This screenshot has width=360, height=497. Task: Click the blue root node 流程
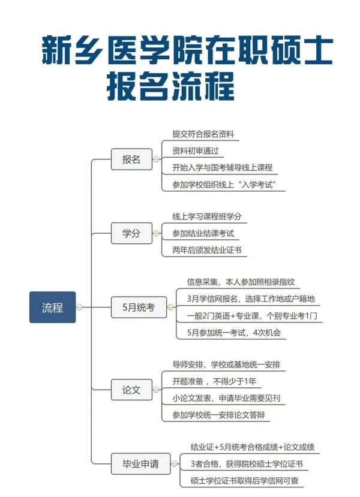pyautogui.click(x=53, y=307)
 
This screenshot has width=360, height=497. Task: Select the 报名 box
pyautogui.click(x=131, y=159)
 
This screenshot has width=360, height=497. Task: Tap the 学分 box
pyautogui.click(x=131, y=233)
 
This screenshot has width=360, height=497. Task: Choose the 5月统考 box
pyautogui.click(x=139, y=307)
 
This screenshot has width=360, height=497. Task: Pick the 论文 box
pyautogui.click(x=131, y=390)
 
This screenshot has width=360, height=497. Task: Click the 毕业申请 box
pyautogui.click(x=141, y=463)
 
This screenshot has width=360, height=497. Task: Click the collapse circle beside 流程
pyautogui.click(x=79, y=307)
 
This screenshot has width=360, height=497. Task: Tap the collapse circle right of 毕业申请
pyautogui.click(x=174, y=463)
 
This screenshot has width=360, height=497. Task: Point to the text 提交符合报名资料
pyautogui.click(x=203, y=134)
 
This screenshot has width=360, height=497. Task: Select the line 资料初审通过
pyautogui.click(x=196, y=151)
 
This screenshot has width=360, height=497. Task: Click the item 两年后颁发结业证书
pyautogui.click(x=207, y=251)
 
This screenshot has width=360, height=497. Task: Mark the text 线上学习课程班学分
pyautogui.click(x=207, y=217)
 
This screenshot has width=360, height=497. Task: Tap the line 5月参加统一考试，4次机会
pyautogui.click(x=234, y=333)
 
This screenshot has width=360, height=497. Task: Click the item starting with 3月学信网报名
pyautogui.click(x=251, y=299)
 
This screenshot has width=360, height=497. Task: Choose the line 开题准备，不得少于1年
pyautogui.click(x=214, y=381)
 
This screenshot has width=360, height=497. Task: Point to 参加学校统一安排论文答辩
pyautogui.click(x=218, y=415)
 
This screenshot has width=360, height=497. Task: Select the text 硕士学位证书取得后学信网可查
pyautogui.click(x=245, y=481)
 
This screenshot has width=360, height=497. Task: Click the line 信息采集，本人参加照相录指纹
pyautogui.click(x=241, y=282)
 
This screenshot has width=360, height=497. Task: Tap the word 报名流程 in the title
pyautogui.click(x=170, y=86)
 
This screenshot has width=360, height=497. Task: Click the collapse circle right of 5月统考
pyautogui.click(x=170, y=307)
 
